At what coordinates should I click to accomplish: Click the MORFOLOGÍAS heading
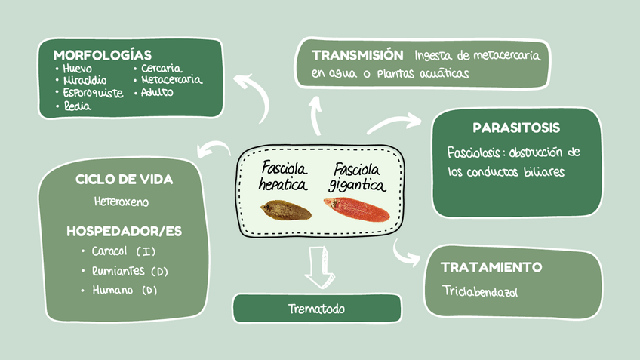[x=102, y=55]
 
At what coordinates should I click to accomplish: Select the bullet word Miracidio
[x=85, y=80]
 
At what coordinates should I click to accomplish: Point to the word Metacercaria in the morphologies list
[x=171, y=79]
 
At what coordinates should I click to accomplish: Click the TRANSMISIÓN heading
[x=357, y=55]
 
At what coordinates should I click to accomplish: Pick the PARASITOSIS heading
[x=516, y=128]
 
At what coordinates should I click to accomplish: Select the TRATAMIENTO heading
[x=491, y=267]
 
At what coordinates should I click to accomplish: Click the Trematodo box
[x=316, y=309]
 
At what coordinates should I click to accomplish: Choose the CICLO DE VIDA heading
[x=125, y=180]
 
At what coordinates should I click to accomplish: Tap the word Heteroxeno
[x=122, y=202]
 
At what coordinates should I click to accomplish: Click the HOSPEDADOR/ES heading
[x=125, y=230]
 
